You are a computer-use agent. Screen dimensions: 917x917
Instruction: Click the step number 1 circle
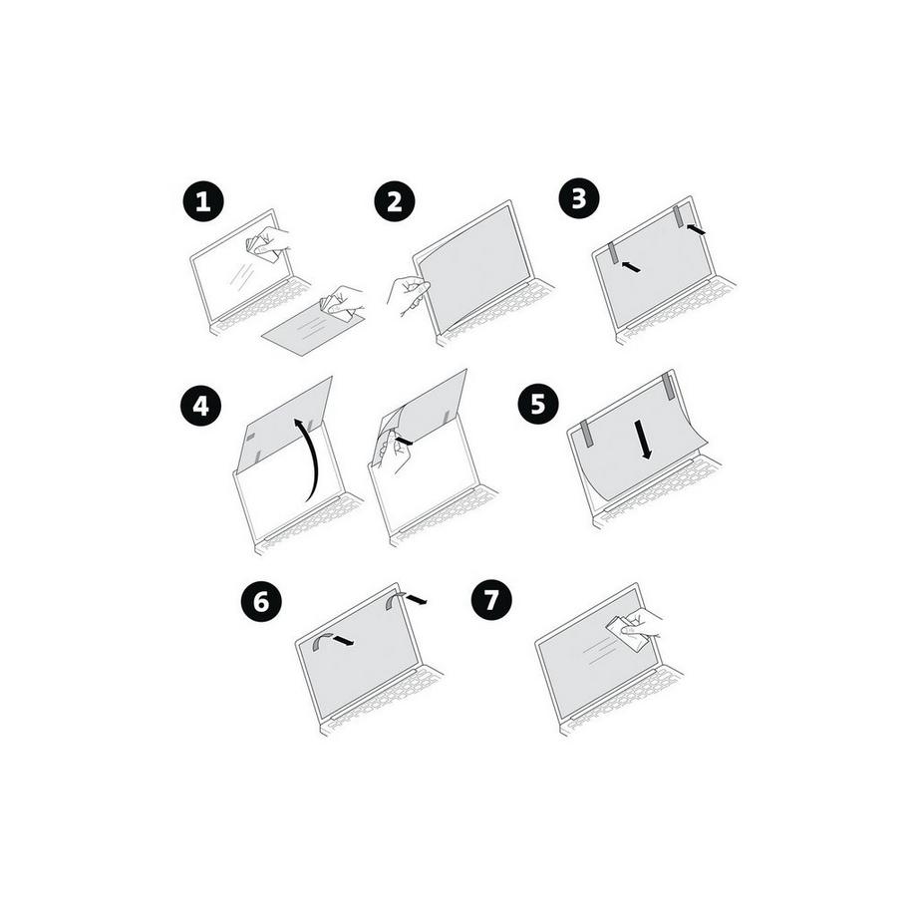coord(203,202)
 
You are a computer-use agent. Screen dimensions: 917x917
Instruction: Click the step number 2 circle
coord(395,202)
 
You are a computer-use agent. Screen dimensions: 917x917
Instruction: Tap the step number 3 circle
coord(579,198)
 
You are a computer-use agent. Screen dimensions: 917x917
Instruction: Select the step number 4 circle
coord(201,406)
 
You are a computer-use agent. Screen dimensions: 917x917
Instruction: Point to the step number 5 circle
coord(538,403)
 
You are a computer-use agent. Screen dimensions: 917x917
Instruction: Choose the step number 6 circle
coord(261,601)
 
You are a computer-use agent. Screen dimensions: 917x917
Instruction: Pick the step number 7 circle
coord(491,601)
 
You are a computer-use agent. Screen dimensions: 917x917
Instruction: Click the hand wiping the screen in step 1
coord(267,242)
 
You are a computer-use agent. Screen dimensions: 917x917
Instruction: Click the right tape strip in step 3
coord(679,216)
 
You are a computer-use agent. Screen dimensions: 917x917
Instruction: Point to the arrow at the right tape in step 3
coord(697,230)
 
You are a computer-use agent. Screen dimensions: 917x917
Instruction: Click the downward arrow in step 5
coord(646,438)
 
